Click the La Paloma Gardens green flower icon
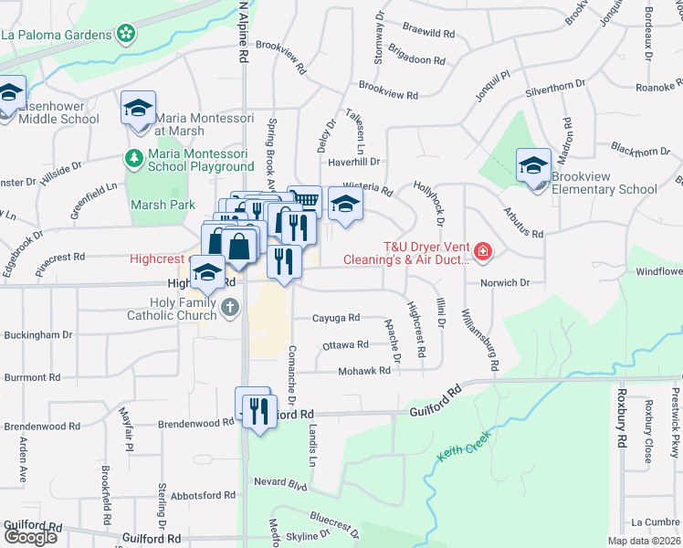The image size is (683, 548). [x=126, y=36]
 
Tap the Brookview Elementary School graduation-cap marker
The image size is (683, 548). [x=532, y=164]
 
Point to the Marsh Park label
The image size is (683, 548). [x=162, y=205]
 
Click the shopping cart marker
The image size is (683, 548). [x=304, y=201]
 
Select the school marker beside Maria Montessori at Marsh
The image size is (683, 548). [x=138, y=108]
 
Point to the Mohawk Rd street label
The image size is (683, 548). [x=366, y=371]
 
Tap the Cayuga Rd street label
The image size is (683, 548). [x=336, y=318]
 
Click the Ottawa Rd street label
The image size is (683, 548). [x=343, y=345]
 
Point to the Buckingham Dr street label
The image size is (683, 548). [x=37, y=335]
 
